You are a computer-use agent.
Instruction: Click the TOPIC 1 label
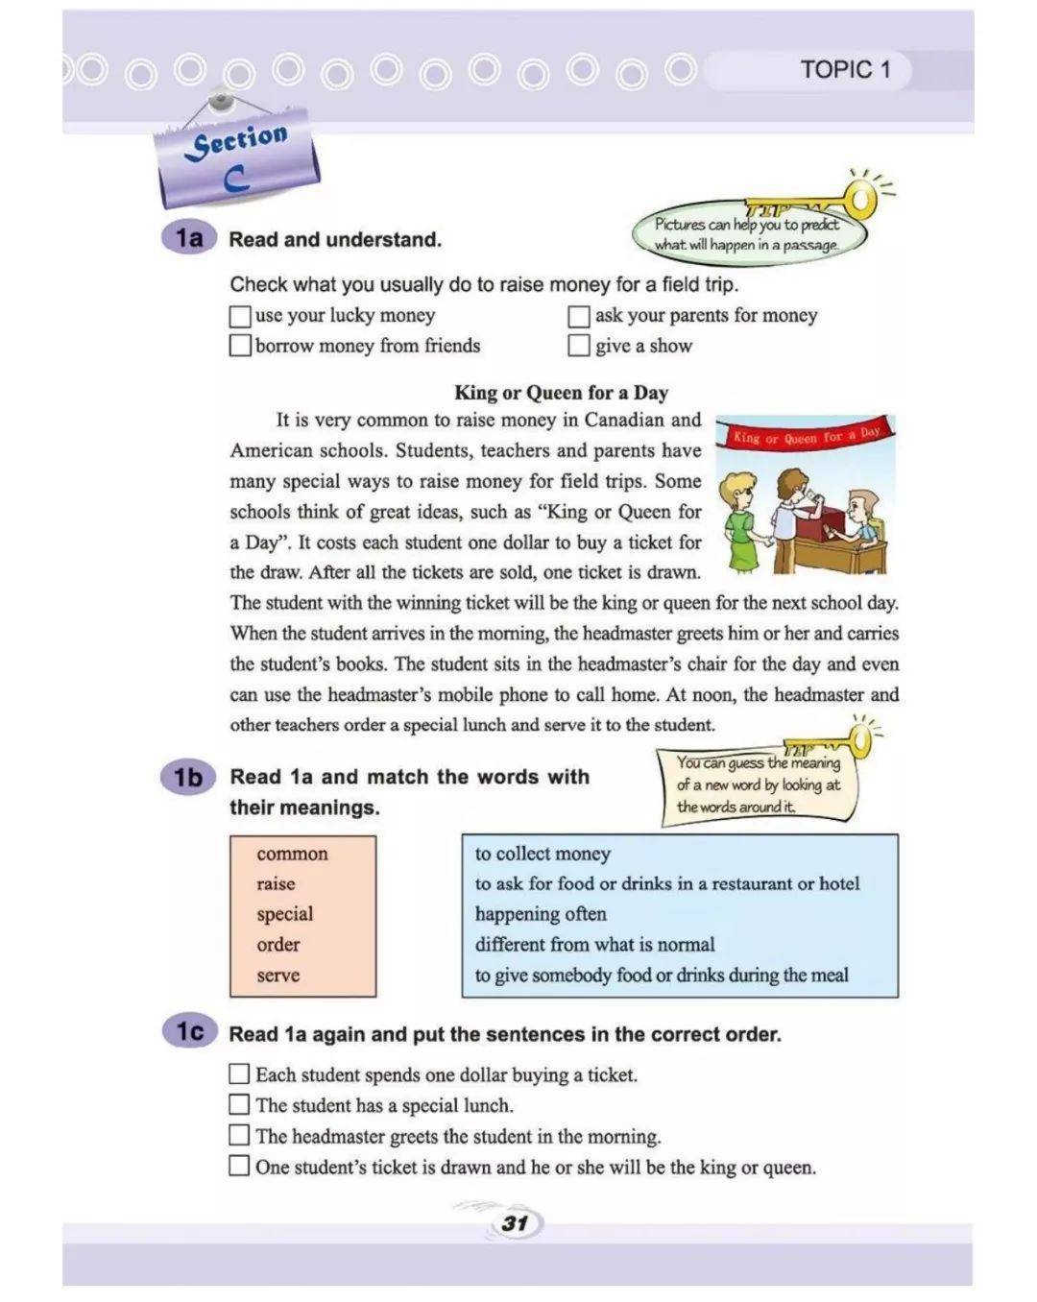coord(845,69)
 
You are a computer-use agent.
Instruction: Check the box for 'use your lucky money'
coord(240,315)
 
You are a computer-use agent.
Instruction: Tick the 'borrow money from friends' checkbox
coord(240,346)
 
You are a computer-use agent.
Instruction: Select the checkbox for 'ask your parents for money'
coord(579,316)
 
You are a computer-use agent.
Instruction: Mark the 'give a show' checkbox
coord(579,346)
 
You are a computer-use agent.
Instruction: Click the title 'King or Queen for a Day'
coord(561,392)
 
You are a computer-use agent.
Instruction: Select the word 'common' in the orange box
coord(292,854)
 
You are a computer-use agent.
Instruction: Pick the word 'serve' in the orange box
coord(278,975)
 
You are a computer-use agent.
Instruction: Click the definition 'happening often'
coord(541,914)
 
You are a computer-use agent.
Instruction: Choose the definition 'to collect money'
coord(543,854)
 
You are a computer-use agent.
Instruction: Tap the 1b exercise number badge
coord(188,777)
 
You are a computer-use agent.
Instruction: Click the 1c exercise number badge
coord(189,1032)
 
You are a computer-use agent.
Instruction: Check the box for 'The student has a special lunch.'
coord(239,1105)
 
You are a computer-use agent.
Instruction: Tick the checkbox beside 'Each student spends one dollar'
coord(239,1074)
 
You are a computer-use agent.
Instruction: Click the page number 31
coord(516,1223)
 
